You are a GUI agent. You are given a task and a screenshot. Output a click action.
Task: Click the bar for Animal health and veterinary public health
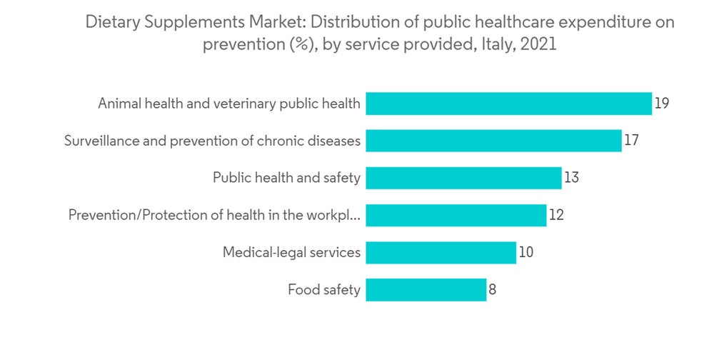[x=508, y=104]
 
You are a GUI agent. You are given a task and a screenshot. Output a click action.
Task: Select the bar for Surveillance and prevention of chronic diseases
[x=493, y=141]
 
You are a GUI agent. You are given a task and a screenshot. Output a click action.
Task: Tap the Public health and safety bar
[x=463, y=178]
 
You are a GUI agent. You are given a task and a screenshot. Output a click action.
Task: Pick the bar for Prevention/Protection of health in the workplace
[x=456, y=215]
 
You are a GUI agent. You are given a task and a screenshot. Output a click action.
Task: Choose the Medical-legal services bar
[x=441, y=252]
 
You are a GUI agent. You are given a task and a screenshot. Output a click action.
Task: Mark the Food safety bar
[x=426, y=290]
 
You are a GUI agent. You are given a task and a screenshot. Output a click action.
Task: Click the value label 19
[x=662, y=104]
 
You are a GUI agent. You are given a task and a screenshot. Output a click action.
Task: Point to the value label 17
[x=631, y=141]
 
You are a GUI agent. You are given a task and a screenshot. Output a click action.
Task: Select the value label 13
[x=571, y=178]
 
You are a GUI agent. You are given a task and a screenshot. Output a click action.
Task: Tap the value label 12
[x=556, y=215]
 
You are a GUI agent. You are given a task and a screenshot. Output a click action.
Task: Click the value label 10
[x=526, y=252]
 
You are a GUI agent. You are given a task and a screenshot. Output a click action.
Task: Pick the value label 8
[x=492, y=290]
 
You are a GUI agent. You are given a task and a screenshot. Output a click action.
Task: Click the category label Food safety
[x=324, y=290]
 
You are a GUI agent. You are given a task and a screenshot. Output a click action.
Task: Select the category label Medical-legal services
[x=291, y=252]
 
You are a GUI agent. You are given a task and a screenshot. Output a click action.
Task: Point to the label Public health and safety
[x=286, y=178]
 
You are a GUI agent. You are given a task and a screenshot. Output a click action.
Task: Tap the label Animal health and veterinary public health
[x=229, y=104]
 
